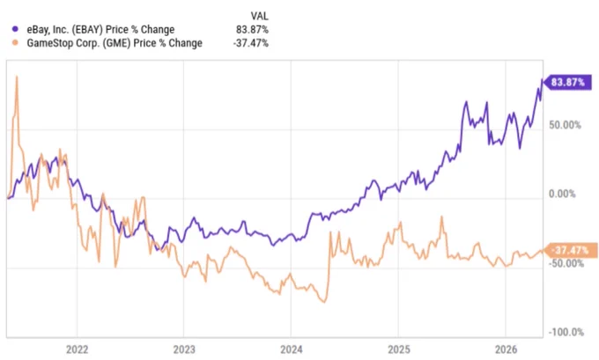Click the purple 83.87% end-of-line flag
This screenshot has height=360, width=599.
point(567,83)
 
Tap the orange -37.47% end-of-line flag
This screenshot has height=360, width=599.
point(570,251)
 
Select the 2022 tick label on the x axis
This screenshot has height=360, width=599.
point(77,349)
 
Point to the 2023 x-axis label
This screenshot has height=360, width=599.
point(184,349)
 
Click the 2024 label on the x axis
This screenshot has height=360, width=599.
point(291,349)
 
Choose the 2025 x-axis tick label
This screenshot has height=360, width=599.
point(399,349)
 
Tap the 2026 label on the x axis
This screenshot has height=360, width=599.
point(506,349)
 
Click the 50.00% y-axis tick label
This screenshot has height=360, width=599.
point(565,125)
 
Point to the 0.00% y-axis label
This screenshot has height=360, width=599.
point(562,194)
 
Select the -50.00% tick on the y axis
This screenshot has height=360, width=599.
point(566,263)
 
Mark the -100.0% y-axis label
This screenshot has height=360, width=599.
point(566,332)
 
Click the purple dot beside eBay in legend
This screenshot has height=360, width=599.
point(15,29)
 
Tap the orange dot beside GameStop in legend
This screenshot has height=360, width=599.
point(15,43)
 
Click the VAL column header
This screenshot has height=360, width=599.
point(259,16)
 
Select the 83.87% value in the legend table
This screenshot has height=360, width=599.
point(252,29)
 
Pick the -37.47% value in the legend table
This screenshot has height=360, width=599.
point(250,43)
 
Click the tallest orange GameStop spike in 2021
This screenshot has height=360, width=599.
point(17,77)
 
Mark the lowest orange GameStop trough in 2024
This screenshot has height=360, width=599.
point(324,302)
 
